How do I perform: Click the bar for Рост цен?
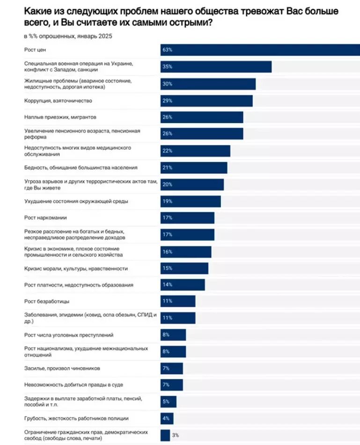tap(260, 50)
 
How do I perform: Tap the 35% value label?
tap(168, 67)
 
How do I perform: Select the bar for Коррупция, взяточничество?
tap(206, 101)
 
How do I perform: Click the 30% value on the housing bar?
tap(168, 84)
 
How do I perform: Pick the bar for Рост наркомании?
tap(187, 218)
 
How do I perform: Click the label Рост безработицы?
tap(46, 301)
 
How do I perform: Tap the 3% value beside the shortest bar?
tap(175, 435)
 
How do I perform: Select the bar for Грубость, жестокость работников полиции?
tap(167, 418)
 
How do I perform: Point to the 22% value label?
tap(168, 151)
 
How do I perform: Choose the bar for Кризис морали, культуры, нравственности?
tap(184, 268)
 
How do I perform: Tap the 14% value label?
tap(168, 285)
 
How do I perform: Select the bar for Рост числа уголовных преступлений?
tap(173, 334)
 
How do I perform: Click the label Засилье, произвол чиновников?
tap(61, 368)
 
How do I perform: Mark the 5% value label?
tap(166, 401)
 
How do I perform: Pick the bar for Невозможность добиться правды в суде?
tap(172, 385)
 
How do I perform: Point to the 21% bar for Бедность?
tap(194, 168)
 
